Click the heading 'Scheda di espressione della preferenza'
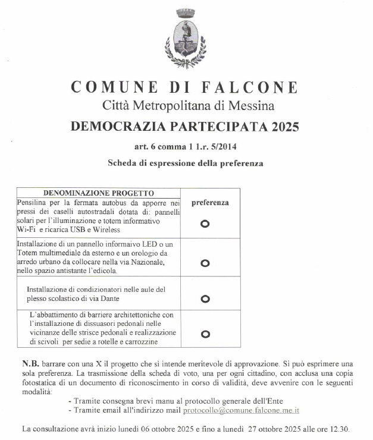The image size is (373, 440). (185, 162)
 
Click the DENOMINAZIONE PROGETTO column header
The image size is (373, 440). (99, 193)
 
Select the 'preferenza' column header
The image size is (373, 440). (210, 202)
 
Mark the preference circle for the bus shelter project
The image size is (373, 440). (205, 224)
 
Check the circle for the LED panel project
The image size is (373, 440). (205, 263)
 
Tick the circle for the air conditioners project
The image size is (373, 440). (205, 298)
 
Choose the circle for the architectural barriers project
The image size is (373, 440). (205, 334)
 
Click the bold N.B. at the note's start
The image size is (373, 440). (30, 363)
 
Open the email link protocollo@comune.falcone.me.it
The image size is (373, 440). (241, 410)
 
